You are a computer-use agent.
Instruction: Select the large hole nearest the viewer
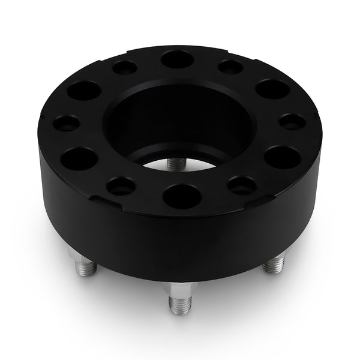pyautogui.click(x=182, y=195)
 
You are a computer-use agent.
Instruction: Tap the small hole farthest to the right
pyautogui.click(x=292, y=122)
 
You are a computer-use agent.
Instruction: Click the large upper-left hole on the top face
pyautogui.click(x=84, y=91)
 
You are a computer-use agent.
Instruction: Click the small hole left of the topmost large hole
pyautogui.click(x=124, y=68)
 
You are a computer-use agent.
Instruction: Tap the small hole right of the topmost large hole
pyautogui.click(x=230, y=67)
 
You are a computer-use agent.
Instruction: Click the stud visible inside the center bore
pyautogui.click(x=175, y=163)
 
